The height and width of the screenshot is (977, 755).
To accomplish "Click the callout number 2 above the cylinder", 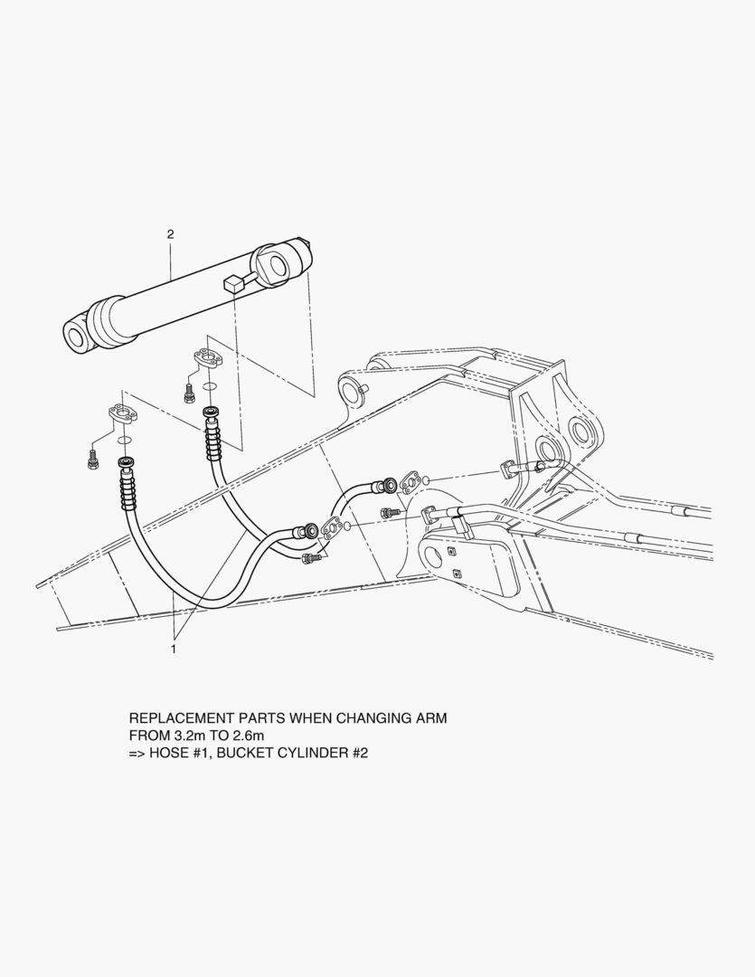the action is pos(170,234).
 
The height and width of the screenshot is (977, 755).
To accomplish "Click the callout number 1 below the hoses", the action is pos(174,650).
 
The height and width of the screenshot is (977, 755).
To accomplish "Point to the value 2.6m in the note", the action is pos(249,735).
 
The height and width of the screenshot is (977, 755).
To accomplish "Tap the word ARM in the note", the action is pos(431,717).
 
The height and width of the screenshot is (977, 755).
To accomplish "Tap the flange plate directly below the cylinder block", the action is pos(207,359).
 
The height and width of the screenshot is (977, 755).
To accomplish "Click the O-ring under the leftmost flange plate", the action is pos(125,441).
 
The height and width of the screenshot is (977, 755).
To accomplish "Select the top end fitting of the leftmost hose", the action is pos(127,463).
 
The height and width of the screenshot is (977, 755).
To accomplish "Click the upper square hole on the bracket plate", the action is pos(449,551).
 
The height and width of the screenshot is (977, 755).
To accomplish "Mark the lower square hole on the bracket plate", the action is pos(458,574).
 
